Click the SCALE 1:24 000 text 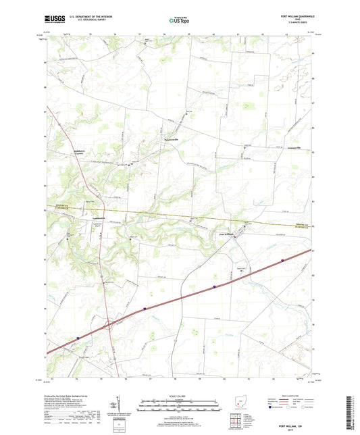180,396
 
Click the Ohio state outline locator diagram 234,403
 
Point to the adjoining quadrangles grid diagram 235,420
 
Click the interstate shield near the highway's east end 215,286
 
